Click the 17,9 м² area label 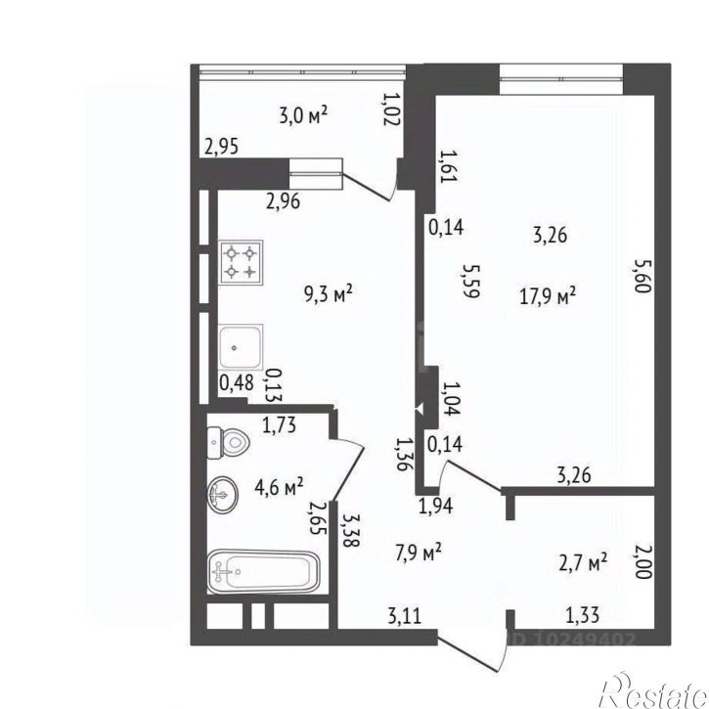coord(548,297)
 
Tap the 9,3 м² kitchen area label coord(329,294)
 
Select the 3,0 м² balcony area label coord(303,114)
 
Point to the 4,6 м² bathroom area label coord(279,487)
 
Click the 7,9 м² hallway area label coord(419,553)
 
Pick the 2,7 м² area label coord(583,562)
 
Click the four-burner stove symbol coord(241,262)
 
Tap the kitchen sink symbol coord(241,347)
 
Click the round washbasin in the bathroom coord(223,495)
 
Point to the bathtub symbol coord(264,571)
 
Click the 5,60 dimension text coord(643,275)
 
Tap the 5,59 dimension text coord(469,281)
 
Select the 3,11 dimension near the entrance coord(405,616)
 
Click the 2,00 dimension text coord(643,561)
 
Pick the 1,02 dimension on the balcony coord(391,109)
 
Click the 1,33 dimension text coord(583,615)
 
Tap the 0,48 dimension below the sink coord(237,383)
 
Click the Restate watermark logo coord(653,691)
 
